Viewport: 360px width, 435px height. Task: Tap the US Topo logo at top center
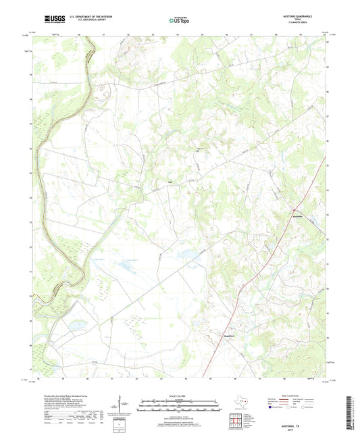click(180, 20)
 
